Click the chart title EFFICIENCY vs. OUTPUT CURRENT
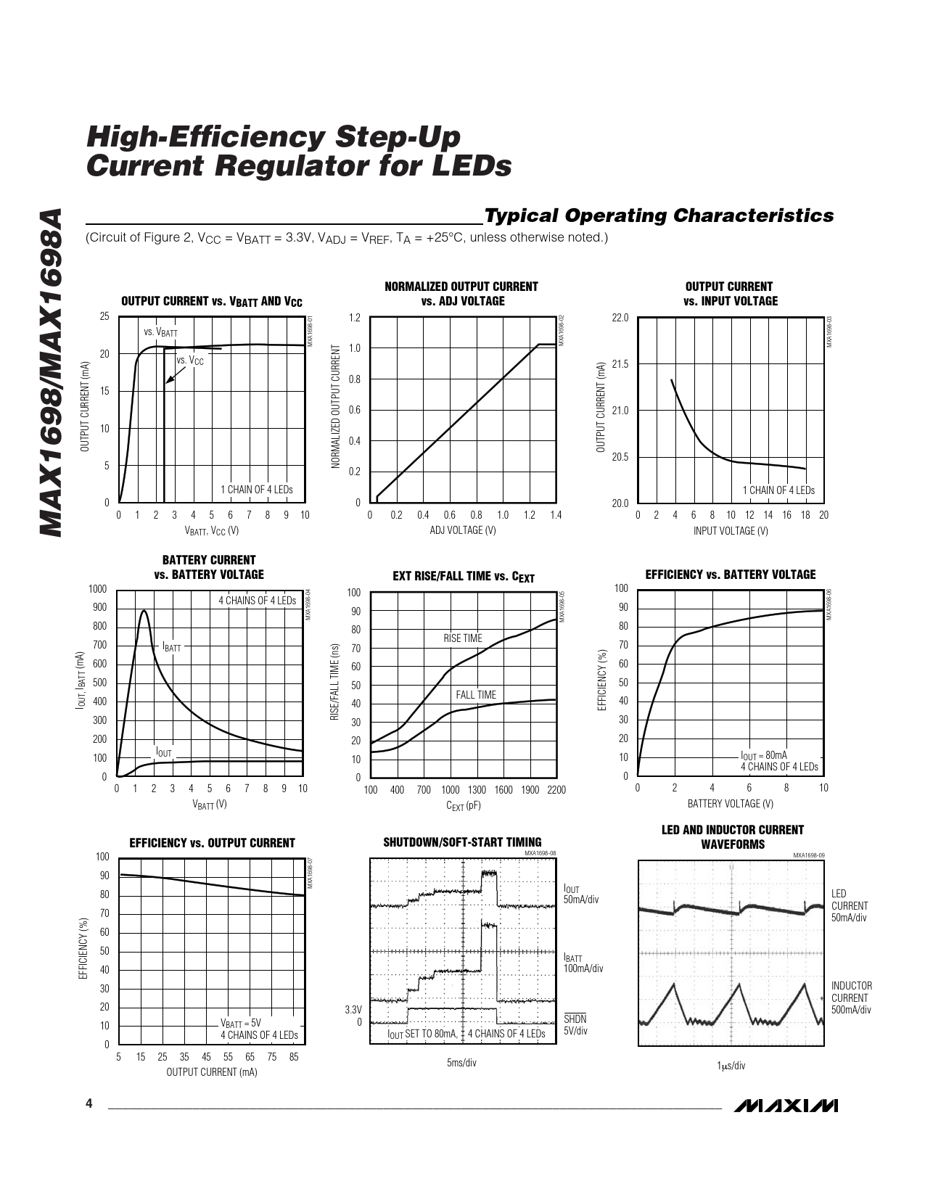click(212, 843)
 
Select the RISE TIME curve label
click(462, 638)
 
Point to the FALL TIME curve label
click(476, 695)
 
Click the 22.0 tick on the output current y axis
click(620, 318)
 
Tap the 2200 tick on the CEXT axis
click(556, 790)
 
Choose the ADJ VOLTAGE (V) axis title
click(462, 530)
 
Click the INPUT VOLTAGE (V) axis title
click(730, 531)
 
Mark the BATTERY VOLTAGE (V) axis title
click(730, 804)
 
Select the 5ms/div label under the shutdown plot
click(461, 1063)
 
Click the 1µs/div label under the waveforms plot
click(731, 1066)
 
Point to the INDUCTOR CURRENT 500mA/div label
click(851, 997)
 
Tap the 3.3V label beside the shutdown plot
click(353, 1010)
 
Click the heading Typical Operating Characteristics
click(659, 215)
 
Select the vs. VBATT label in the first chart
click(160, 332)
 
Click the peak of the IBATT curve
click(144, 611)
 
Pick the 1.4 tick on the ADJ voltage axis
click(556, 515)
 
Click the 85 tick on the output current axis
click(294, 1058)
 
